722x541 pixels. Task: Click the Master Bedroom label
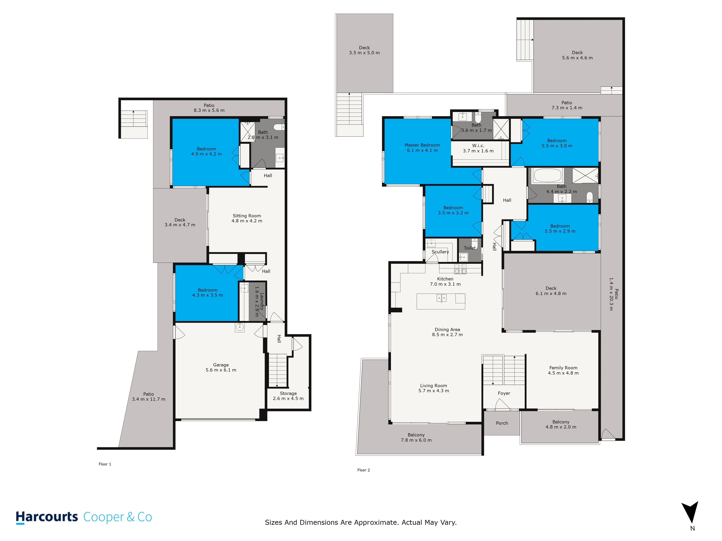pos(422,145)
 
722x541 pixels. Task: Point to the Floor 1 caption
pos(105,464)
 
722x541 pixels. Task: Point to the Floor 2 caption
pos(363,470)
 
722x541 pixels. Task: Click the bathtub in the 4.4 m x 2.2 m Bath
pos(547,175)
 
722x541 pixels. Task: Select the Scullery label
pos(440,252)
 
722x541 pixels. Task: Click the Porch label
pos(502,423)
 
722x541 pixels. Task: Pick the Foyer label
pos(504,393)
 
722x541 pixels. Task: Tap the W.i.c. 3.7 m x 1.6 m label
pos(478,148)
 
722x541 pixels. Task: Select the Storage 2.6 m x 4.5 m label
pos(288,396)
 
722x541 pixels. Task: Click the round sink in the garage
pos(240,327)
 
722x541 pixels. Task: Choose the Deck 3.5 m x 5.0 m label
pos(364,50)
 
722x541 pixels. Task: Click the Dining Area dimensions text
pos(447,335)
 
